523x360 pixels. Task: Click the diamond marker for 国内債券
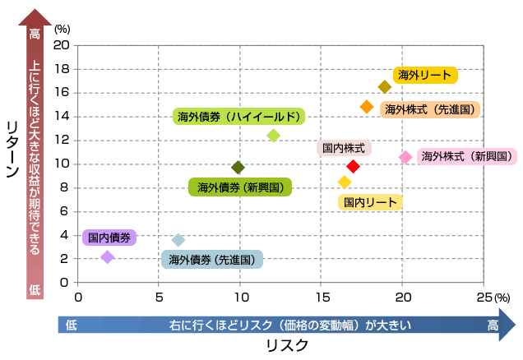click(107, 257)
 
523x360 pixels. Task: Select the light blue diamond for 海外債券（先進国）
click(178, 240)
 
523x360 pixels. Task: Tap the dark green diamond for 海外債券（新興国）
click(238, 168)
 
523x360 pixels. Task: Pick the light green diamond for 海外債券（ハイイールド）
click(274, 135)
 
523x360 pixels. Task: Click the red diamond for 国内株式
click(353, 167)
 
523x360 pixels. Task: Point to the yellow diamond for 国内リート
click(345, 182)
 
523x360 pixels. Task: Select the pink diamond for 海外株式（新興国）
click(405, 157)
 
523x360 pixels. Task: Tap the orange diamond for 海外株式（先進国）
click(367, 107)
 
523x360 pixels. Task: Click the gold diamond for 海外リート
click(385, 87)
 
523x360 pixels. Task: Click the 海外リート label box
click(424, 76)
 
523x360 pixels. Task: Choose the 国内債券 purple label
click(109, 238)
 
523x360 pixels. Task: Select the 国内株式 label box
click(344, 149)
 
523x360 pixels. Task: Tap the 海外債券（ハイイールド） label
click(238, 117)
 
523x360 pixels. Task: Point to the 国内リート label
click(370, 202)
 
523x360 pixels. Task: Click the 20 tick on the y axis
click(62, 45)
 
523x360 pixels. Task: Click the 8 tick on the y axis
click(65, 187)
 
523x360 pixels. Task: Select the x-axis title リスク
click(286, 345)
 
